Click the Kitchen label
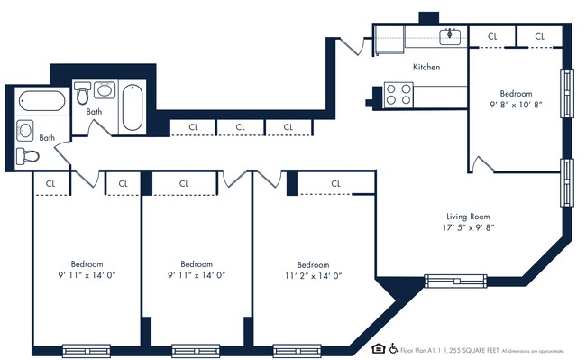(x=426, y=68)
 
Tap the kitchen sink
(x=450, y=36)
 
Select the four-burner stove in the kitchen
(x=398, y=94)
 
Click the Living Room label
(x=468, y=216)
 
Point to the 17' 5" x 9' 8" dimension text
(x=468, y=228)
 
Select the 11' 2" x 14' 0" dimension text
(x=313, y=275)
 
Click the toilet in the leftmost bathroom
(x=30, y=155)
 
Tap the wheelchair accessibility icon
(x=393, y=347)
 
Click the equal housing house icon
(x=379, y=347)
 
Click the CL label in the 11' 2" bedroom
(x=335, y=183)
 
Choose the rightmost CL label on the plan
(x=539, y=36)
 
